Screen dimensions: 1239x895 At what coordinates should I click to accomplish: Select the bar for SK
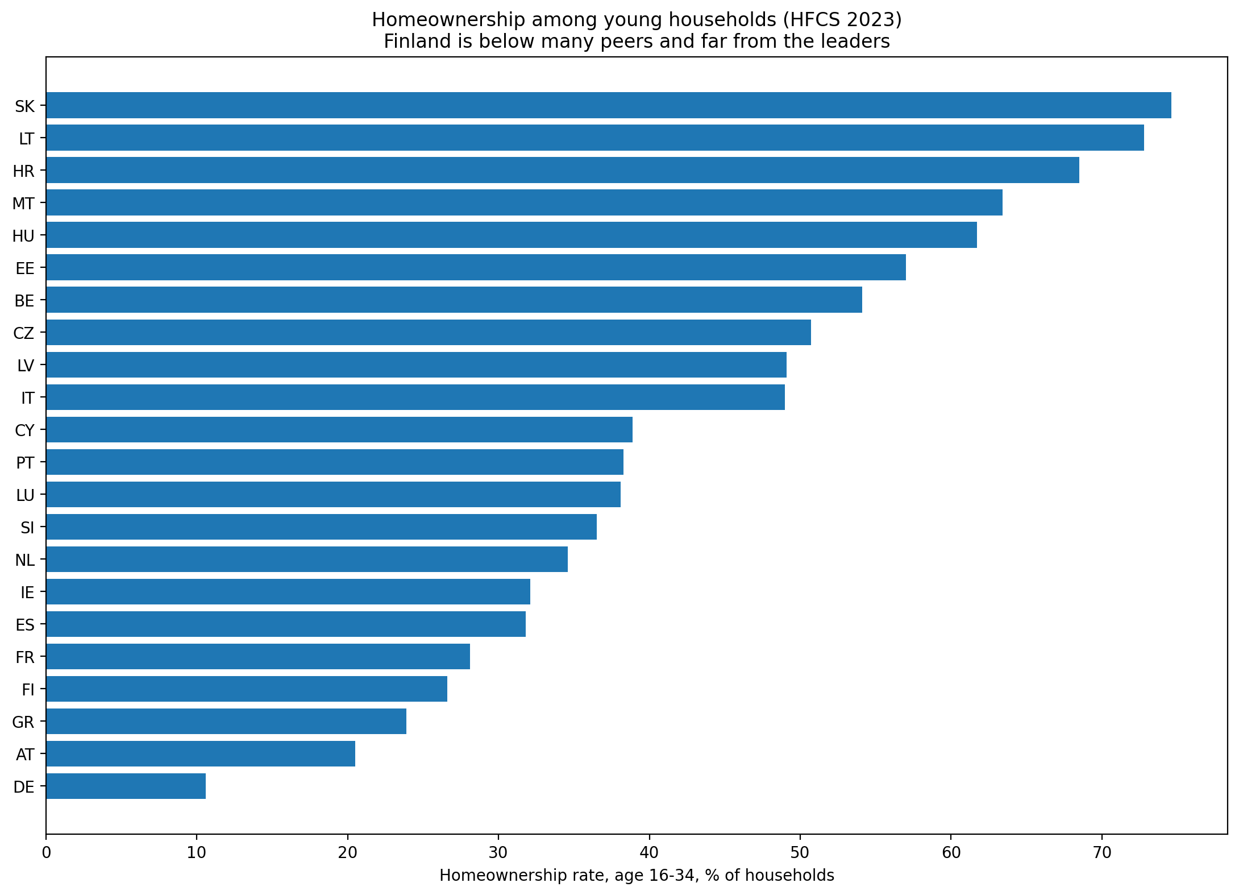(609, 105)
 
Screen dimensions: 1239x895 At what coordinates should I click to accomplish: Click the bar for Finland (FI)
(247, 689)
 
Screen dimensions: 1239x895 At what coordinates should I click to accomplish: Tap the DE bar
(126, 786)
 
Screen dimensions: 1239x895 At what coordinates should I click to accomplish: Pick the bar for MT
(524, 202)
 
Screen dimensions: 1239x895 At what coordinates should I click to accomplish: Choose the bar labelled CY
(339, 429)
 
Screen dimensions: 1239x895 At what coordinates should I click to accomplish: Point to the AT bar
(201, 754)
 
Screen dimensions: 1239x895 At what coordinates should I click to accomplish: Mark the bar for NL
(307, 560)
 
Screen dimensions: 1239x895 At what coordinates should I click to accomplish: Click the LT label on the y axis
(27, 138)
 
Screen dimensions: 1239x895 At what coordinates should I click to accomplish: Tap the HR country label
(24, 171)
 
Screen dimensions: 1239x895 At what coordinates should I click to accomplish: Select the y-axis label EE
(25, 268)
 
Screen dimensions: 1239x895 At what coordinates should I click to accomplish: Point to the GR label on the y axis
(23, 722)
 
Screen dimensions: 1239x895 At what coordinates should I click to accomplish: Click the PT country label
(26, 463)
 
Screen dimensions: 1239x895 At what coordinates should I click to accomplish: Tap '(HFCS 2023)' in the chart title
(841, 20)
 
